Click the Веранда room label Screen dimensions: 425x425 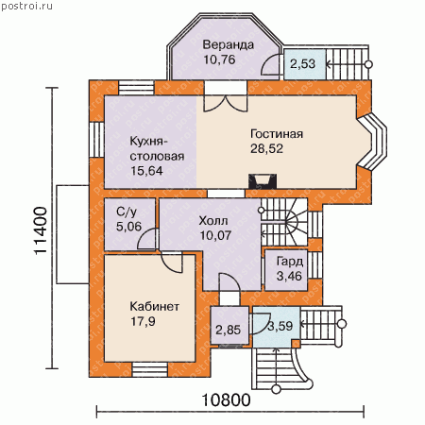pyautogui.click(x=229, y=44)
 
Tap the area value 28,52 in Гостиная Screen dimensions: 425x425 pyautogui.click(x=266, y=148)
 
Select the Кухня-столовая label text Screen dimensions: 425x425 pyautogui.click(x=157, y=148)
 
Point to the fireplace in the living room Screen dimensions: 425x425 pyautogui.click(x=263, y=181)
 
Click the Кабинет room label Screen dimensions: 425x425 pyautogui.click(x=155, y=306)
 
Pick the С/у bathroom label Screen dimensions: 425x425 pyautogui.click(x=127, y=212)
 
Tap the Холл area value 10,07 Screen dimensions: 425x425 pyautogui.click(x=215, y=235)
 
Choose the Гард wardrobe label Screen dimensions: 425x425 pyautogui.click(x=290, y=262)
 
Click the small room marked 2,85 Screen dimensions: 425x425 pyautogui.click(x=229, y=326)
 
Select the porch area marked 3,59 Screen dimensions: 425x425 pyautogui.click(x=277, y=327)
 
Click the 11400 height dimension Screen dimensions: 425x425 pyautogui.click(x=41, y=230)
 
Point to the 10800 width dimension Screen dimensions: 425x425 pyautogui.click(x=226, y=400)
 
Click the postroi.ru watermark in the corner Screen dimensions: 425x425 pyautogui.click(x=26, y=7)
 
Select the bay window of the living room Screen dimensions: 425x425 pyautogui.click(x=373, y=142)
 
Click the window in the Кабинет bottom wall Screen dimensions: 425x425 pyautogui.click(x=149, y=369)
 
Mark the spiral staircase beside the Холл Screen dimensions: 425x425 pyautogui.click(x=284, y=222)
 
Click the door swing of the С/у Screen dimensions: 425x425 pyautogui.click(x=146, y=238)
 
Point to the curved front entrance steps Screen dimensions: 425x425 pyautogui.click(x=281, y=368)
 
